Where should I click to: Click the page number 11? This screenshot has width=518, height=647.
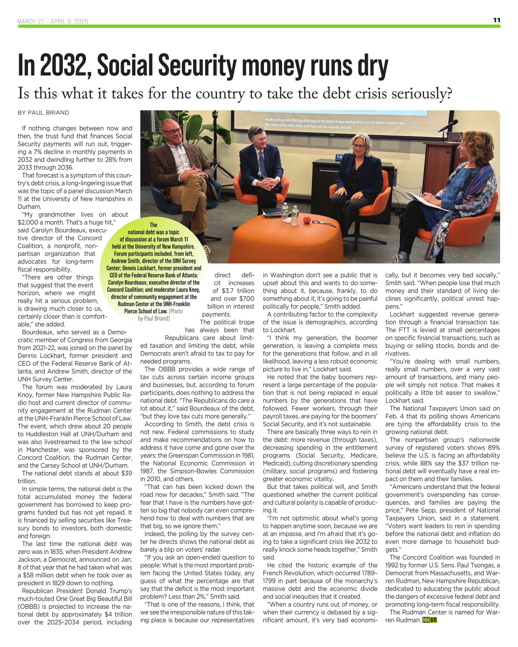(497, 20)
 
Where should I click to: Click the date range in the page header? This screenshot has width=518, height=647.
(53, 21)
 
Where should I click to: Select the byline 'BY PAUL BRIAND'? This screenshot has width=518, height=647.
(43, 113)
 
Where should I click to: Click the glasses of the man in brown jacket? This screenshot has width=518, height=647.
(172, 131)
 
